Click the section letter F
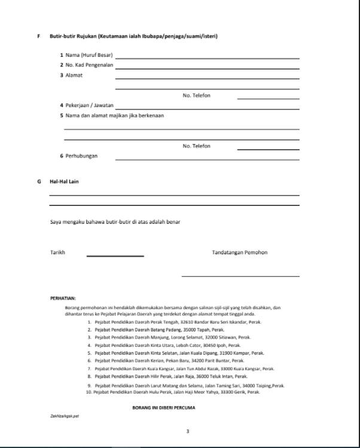pyautogui.click(x=39, y=36)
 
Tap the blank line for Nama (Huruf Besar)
pyautogui.click(x=207, y=57)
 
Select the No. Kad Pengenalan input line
pyautogui.click(x=207, y=68)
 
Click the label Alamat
pyautogui.click(x=74, y=75)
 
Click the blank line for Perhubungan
pyautogui.click(x=207, y=159)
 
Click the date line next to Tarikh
pyautogui.click(x=115, y=255)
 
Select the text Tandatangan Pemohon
pyautogui.click(x=240, y=252)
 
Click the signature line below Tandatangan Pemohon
pyautogui.click(x=240, y=276)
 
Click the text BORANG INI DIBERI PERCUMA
pyautogui.click(x=164, y=408)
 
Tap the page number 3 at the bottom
pyautogui.click(x=187, y=431)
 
